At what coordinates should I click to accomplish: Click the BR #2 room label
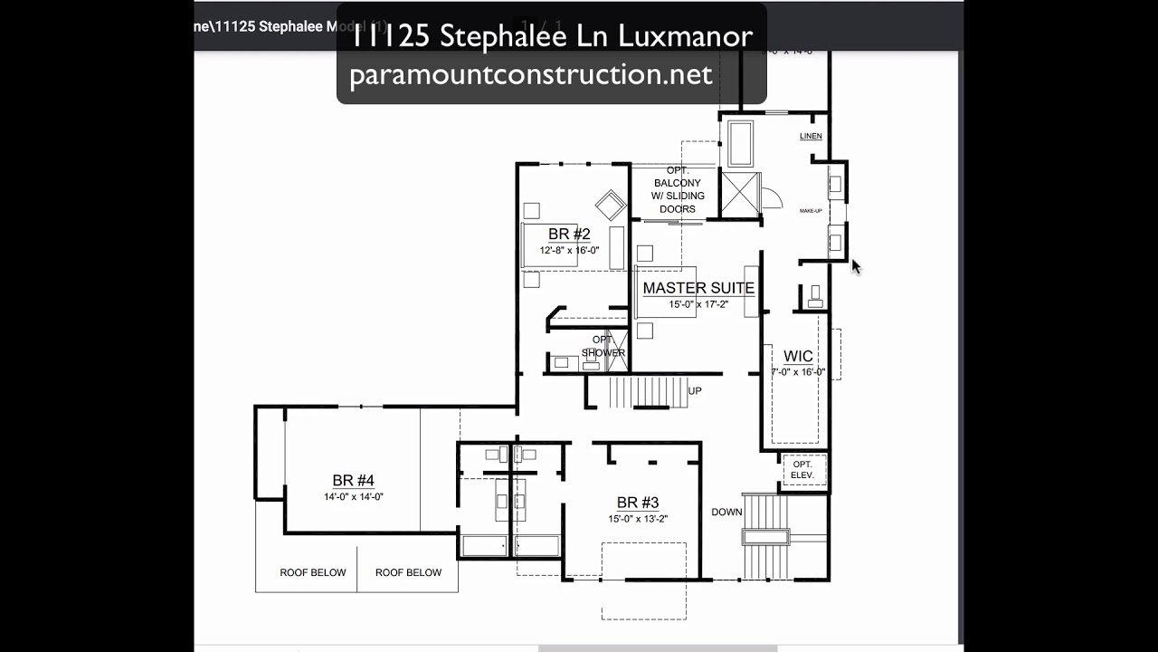click(569, 235)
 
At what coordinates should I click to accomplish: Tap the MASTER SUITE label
click(698, 289)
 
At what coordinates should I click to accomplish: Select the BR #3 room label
click(638, 503)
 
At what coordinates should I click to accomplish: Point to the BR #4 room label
click(353, 481)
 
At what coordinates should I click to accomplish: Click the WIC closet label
click(798, 357)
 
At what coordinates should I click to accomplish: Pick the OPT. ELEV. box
click(802, 469)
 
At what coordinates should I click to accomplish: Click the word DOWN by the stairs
click(726, 513)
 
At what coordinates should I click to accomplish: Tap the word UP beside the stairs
click(695, 391)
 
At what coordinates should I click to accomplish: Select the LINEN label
click(811, 137)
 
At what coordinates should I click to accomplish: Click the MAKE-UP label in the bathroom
click(811, 211)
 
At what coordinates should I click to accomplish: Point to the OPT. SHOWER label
click(603, 346)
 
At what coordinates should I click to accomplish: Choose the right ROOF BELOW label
click(408, 572)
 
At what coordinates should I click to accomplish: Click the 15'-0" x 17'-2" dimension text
click(698, 305)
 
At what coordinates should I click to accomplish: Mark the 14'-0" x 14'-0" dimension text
click(353, 496)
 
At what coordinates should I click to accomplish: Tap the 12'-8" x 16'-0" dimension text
click(569, 250)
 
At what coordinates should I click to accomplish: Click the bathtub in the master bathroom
click(740, 142)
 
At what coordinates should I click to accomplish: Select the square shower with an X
click(741, 192)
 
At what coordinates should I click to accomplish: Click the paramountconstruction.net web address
click(531, 74)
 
